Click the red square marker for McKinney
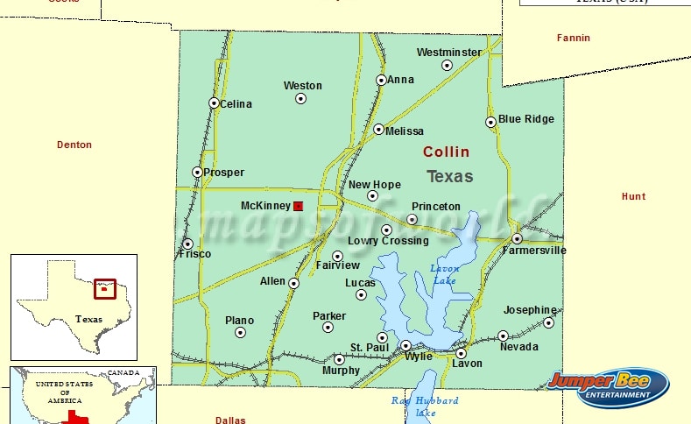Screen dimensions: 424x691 pos(298,206)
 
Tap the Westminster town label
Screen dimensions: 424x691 pos(448,52)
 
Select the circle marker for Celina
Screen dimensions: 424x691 pos(214,102)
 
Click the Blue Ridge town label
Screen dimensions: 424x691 pos(525,119)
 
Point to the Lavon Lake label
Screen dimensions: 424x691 pos(444,273)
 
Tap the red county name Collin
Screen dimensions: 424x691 pos(446,152)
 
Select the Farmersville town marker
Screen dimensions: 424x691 pos(518,238)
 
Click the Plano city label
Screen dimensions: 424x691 pos(239,321)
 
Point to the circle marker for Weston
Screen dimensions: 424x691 pos(300,98)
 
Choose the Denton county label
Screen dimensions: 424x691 pos(74,145)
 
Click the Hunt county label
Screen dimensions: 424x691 pos(633,196)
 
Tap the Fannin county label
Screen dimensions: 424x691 pos(574,38)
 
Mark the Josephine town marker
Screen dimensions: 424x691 pos(548,322)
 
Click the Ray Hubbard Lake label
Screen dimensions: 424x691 pos(425,406)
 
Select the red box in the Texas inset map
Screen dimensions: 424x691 pos(105,288)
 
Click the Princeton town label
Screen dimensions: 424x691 pos(435,206)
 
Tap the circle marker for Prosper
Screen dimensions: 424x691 pos(197,172)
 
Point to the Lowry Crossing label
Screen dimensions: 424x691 pos(388,241)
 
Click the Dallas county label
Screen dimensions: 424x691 pos(230,420)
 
